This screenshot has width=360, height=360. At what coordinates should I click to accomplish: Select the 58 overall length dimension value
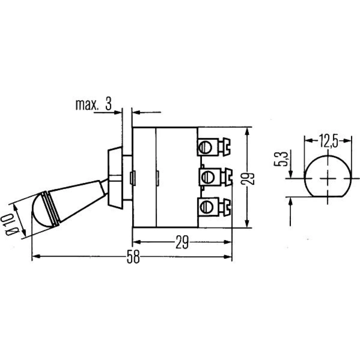[133, 257]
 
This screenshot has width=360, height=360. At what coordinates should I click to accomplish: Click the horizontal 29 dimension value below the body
[182, 242]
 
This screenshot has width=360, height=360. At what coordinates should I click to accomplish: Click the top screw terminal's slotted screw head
[204, 147]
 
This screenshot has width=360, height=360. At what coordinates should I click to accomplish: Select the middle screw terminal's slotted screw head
[208, 177]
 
